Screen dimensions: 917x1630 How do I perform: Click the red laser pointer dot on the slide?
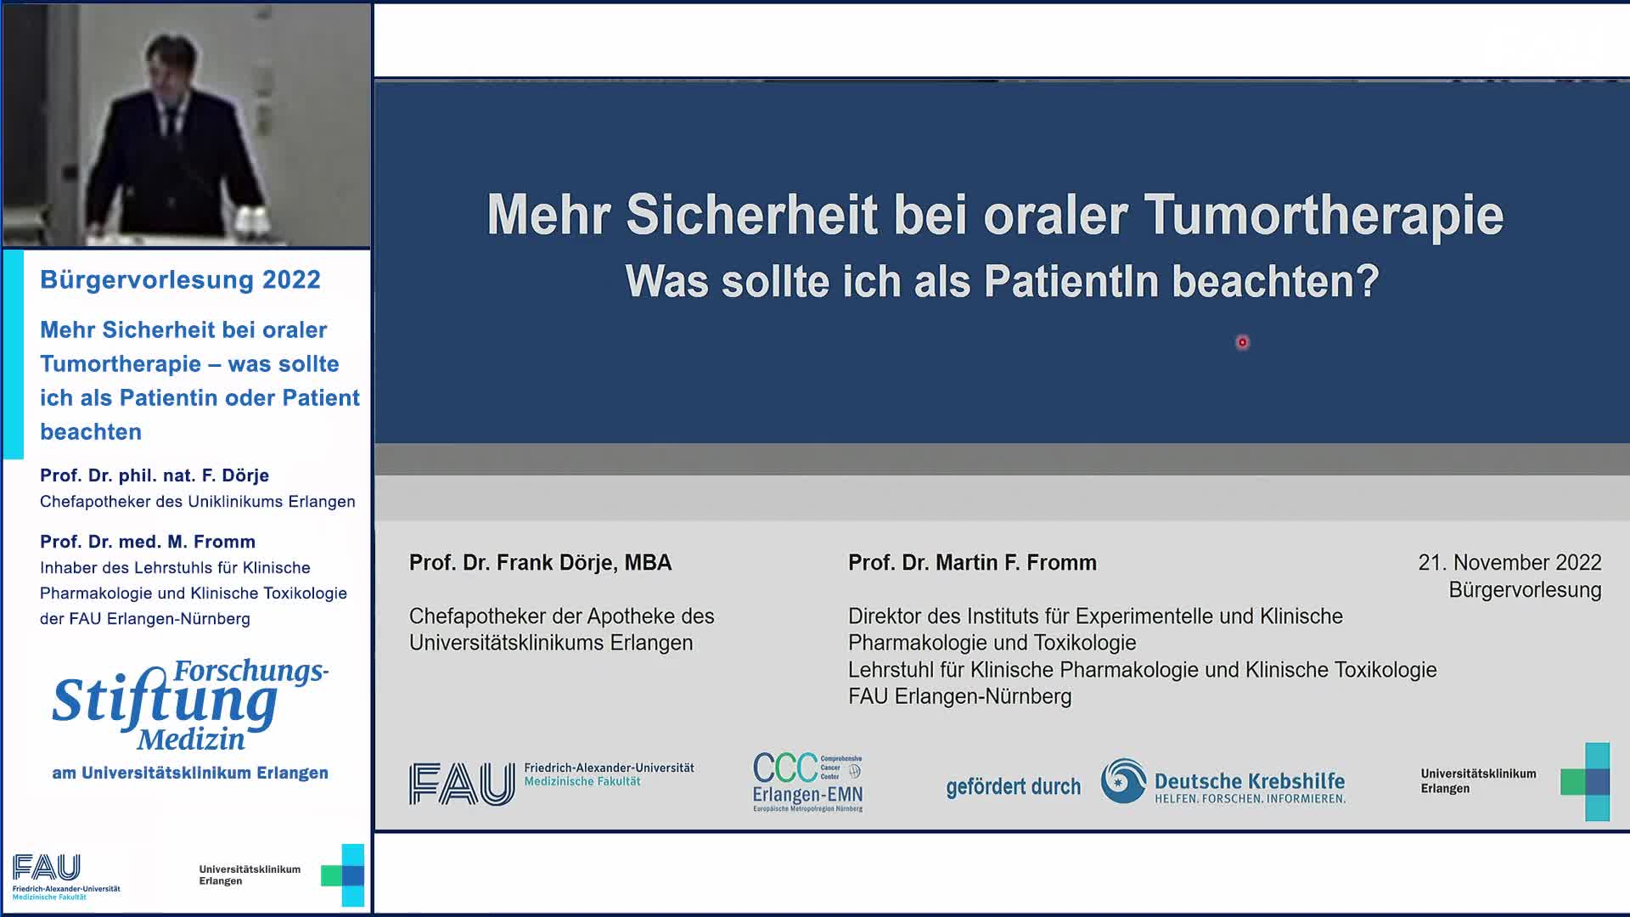1242,342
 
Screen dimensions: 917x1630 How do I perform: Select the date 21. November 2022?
1509,562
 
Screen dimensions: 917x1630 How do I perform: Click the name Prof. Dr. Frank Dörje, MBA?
540,562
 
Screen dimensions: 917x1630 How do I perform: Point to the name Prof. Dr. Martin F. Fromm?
972,562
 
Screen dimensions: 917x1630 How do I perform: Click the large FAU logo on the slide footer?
462,783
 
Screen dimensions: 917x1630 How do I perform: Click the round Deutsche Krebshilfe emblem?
1122,781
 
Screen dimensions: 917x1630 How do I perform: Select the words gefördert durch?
1013,787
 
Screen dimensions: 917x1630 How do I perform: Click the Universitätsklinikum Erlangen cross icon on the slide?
1585,781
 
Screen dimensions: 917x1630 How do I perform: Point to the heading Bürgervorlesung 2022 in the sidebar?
180,279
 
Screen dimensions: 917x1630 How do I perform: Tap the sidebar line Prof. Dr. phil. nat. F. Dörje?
155,475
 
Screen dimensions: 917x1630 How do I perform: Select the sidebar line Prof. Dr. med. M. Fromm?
148,542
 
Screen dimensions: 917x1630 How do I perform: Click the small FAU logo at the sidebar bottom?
48,869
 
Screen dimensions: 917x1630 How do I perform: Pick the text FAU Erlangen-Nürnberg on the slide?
959,696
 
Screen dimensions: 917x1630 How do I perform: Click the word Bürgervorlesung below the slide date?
1524,589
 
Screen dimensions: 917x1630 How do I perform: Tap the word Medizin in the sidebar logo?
191,740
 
